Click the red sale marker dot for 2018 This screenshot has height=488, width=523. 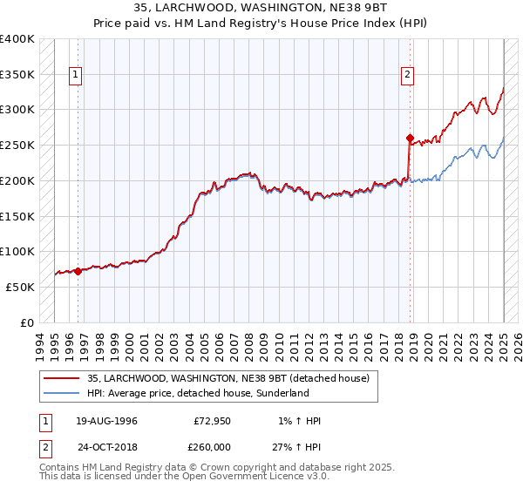pyautogui.click(x=410, y=138)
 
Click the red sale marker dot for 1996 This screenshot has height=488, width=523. pyautogui.click(x=78, y=271)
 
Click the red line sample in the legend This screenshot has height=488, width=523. pyautogui.click(x=60, y=378)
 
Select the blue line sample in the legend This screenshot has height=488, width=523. pyautogui.click(x=60, y=393)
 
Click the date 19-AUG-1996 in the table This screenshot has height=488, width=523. pyautogui.click(x=105, y=421)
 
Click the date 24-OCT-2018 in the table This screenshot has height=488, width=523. pyautogui.click(x=105, y=447)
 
